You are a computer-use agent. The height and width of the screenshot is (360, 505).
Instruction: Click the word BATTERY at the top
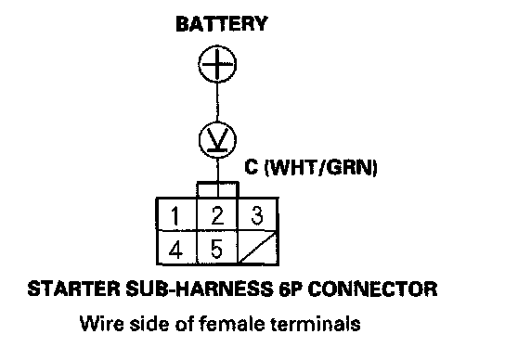tap(222, 24)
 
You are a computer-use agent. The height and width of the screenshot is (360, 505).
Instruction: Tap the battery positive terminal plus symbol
tap(217, 63)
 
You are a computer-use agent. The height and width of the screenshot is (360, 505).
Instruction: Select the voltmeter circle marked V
tap(217, 140)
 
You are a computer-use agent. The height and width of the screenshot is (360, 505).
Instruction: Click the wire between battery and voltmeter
tap(217, 102)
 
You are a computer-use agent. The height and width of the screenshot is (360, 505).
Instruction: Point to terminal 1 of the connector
tap(175, 214)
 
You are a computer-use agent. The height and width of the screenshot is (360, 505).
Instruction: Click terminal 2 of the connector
tap(217, 215)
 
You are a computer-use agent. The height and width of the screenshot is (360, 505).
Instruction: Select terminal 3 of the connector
tap(257, 215)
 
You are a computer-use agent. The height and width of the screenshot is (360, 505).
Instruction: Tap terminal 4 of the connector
tap(175, 249)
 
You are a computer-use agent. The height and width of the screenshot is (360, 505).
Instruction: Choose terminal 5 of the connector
tap(216, 249)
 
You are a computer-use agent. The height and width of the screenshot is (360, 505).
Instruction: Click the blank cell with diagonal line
tap(258, 248)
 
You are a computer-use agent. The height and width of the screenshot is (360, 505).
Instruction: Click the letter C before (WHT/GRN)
tap(252, 166)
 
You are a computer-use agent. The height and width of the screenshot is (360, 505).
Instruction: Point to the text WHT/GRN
tap(321, 167)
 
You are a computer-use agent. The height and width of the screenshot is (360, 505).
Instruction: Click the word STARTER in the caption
tap(73, 289)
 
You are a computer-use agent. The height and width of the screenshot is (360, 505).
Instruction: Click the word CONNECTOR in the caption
tap(372, 289)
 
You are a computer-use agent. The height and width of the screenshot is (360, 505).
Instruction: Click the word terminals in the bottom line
tap(316, 323)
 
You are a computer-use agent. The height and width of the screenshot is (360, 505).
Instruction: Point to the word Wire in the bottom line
tap(101, 323)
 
